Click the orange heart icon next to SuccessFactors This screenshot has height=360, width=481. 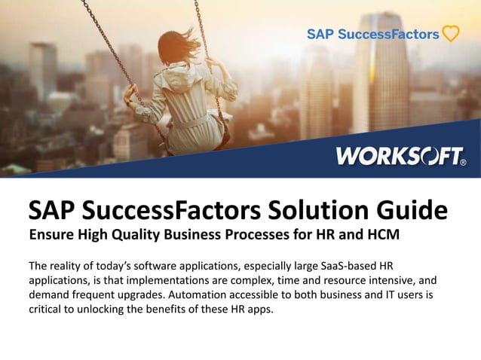click(450, 34)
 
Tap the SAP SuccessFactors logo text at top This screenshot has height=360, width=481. click(372, 34)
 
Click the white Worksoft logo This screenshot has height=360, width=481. click(400, 157)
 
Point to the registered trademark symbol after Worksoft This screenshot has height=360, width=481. click(462, 161)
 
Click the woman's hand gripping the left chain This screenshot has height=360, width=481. click(130, 91)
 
